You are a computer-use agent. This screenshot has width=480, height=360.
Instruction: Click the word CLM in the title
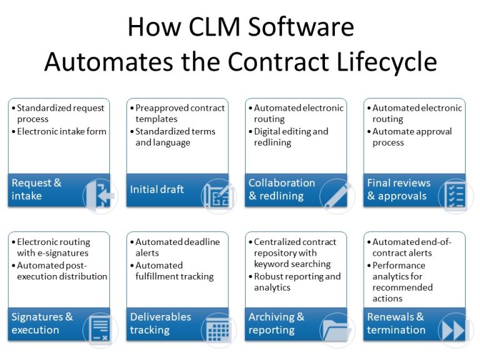pyautogui.click(x=214, y=27)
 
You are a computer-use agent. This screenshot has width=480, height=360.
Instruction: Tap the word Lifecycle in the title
pyautogui.click(x=387, y=61)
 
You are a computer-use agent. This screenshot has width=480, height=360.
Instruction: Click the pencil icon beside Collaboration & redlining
pyautogui.click(x=337, y=195)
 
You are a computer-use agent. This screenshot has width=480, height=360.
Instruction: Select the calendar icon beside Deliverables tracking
pyautogui.click(x=219, y=330)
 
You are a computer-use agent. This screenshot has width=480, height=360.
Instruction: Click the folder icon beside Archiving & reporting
pyautogui.click(x=337, y=330)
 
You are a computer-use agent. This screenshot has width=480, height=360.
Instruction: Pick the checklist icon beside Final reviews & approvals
pyautogui.click(x=456, y=195)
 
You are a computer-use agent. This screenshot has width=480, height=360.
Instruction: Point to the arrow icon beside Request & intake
pyautogui.click(x=100, y=195)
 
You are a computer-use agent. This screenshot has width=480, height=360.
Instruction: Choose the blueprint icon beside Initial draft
pyautogui.click(x=219, y=195)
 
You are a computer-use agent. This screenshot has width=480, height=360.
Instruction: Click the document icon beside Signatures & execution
pyautogui.click(x=100, y=330)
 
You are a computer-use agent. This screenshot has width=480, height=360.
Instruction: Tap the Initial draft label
pyautogui.click(x=157, y=189)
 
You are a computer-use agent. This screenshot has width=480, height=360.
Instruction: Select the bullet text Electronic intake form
pyautogui.click(x=61, y=132)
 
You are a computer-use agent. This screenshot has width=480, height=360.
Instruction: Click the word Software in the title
pyautogui.click(x=301, y=27)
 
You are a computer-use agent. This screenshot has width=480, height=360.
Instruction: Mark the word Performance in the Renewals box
pyautogui.click(x=399, y=266)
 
